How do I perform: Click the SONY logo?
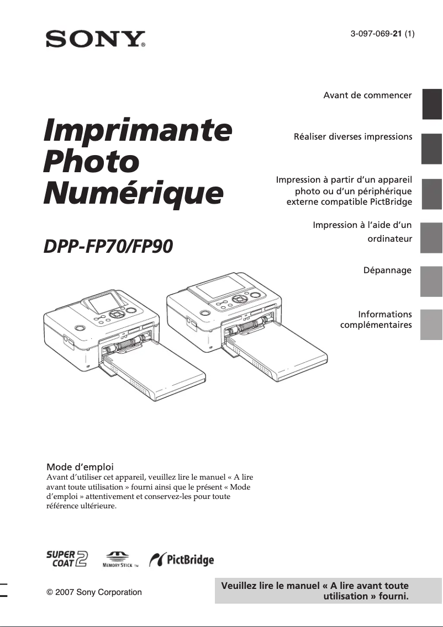95,39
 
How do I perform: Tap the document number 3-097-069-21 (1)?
382,33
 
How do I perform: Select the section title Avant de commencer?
367,95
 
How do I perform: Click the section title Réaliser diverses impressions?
353,136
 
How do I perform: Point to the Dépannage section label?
387,270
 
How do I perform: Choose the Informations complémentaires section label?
376,320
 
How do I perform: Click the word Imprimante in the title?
138,130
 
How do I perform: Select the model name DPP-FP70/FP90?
108,246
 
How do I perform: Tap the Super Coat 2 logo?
67,559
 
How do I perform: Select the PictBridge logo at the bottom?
182,560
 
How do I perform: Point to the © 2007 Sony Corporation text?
94,592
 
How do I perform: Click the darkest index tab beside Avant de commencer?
432,104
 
